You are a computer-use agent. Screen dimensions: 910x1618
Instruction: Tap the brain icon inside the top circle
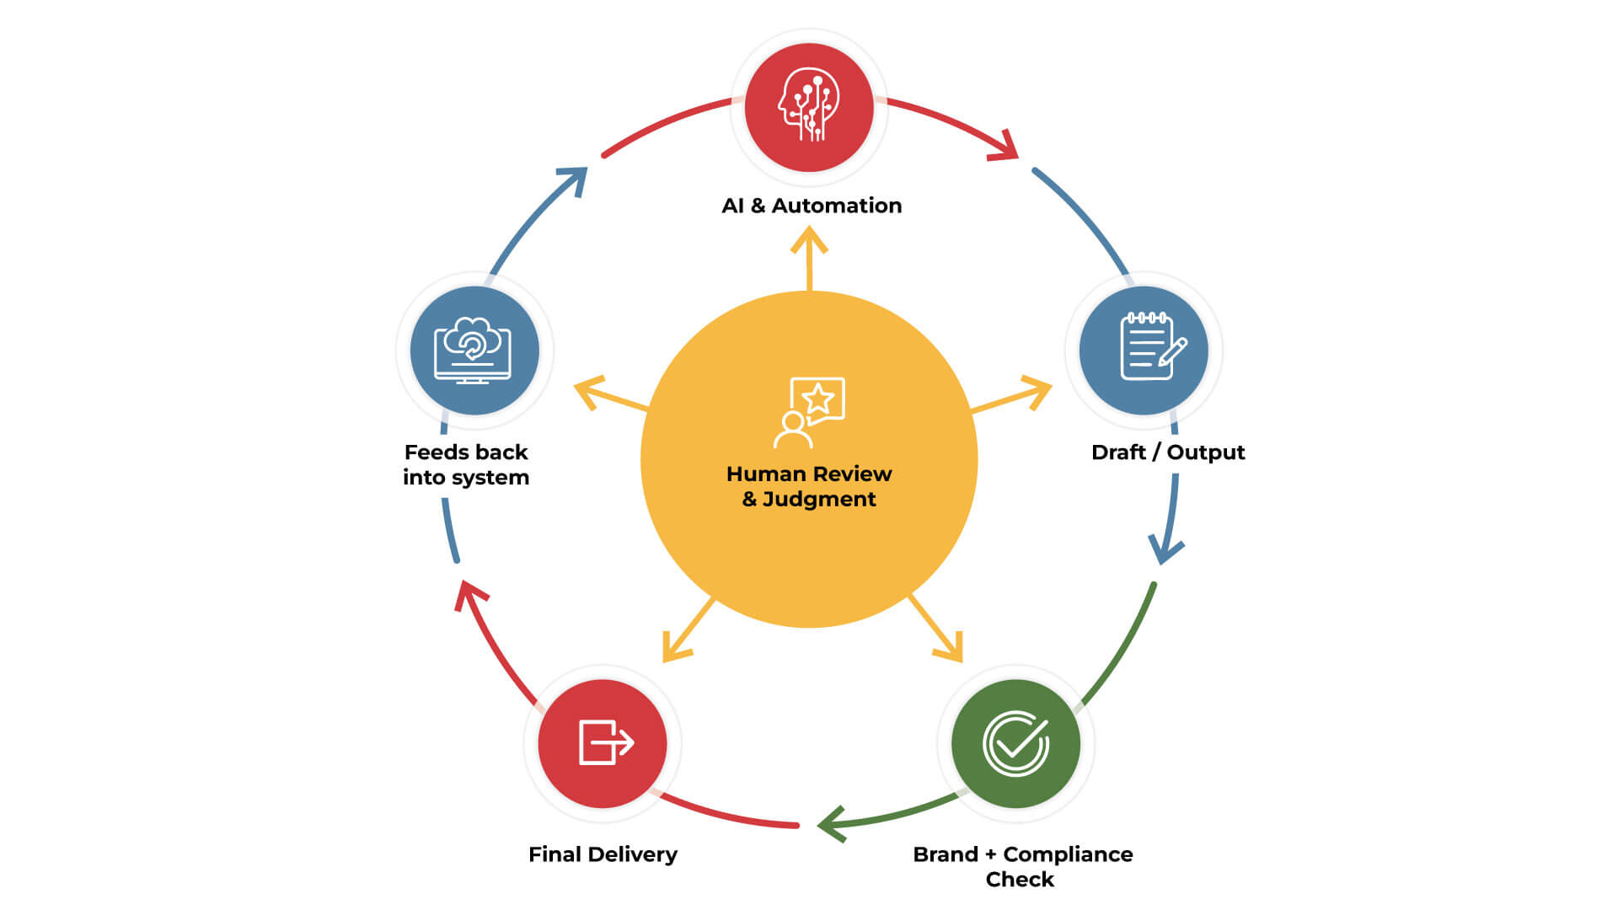808,104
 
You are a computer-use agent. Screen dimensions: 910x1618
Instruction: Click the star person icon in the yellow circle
809,412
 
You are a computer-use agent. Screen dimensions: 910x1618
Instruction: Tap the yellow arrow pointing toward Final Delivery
687,631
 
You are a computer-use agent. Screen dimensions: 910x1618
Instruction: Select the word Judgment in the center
819,500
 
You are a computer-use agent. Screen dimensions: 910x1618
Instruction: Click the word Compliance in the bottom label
1068,854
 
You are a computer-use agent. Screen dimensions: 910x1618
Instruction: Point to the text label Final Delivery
603,854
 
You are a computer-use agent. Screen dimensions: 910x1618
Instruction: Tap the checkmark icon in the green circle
1016,742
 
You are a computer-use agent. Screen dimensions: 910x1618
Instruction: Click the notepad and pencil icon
1151,346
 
